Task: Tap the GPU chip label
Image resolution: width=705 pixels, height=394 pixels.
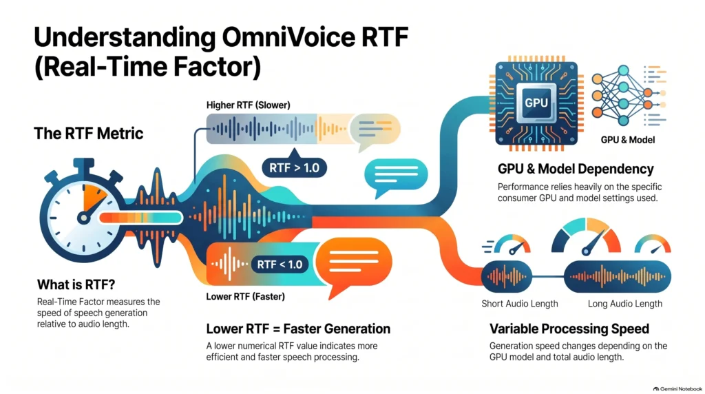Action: (536, 103)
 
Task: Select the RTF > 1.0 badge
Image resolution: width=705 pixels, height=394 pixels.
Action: (294, 168)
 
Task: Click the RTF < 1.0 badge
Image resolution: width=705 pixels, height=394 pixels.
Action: (280, 265)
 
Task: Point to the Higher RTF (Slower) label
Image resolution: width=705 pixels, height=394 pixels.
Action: (248, 105)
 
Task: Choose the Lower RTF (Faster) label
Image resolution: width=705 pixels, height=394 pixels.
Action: (246, 297)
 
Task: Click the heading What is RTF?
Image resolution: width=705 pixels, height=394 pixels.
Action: (76, 284)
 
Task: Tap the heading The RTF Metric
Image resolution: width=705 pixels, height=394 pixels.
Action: (89, 134)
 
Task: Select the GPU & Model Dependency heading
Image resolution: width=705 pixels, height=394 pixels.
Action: (576, 169)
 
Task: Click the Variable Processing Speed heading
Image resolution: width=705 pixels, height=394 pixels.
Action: (569, 329)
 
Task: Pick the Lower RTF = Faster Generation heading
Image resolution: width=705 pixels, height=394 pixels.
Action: (298, 329)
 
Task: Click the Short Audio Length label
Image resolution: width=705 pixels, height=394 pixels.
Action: (520, 304)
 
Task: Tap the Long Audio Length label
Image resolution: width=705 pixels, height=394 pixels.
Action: (625, 304)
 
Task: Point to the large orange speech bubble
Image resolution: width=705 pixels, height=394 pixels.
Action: (354, 263)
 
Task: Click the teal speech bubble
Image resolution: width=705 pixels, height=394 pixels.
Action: (396, 176)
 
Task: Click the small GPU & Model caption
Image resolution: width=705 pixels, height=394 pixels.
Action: (628, 141)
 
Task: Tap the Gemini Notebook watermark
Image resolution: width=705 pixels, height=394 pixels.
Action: (677, 388)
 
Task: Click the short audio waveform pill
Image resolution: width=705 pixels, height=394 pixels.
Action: (507, 277)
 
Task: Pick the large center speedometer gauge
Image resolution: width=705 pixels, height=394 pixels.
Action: (587, 236)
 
